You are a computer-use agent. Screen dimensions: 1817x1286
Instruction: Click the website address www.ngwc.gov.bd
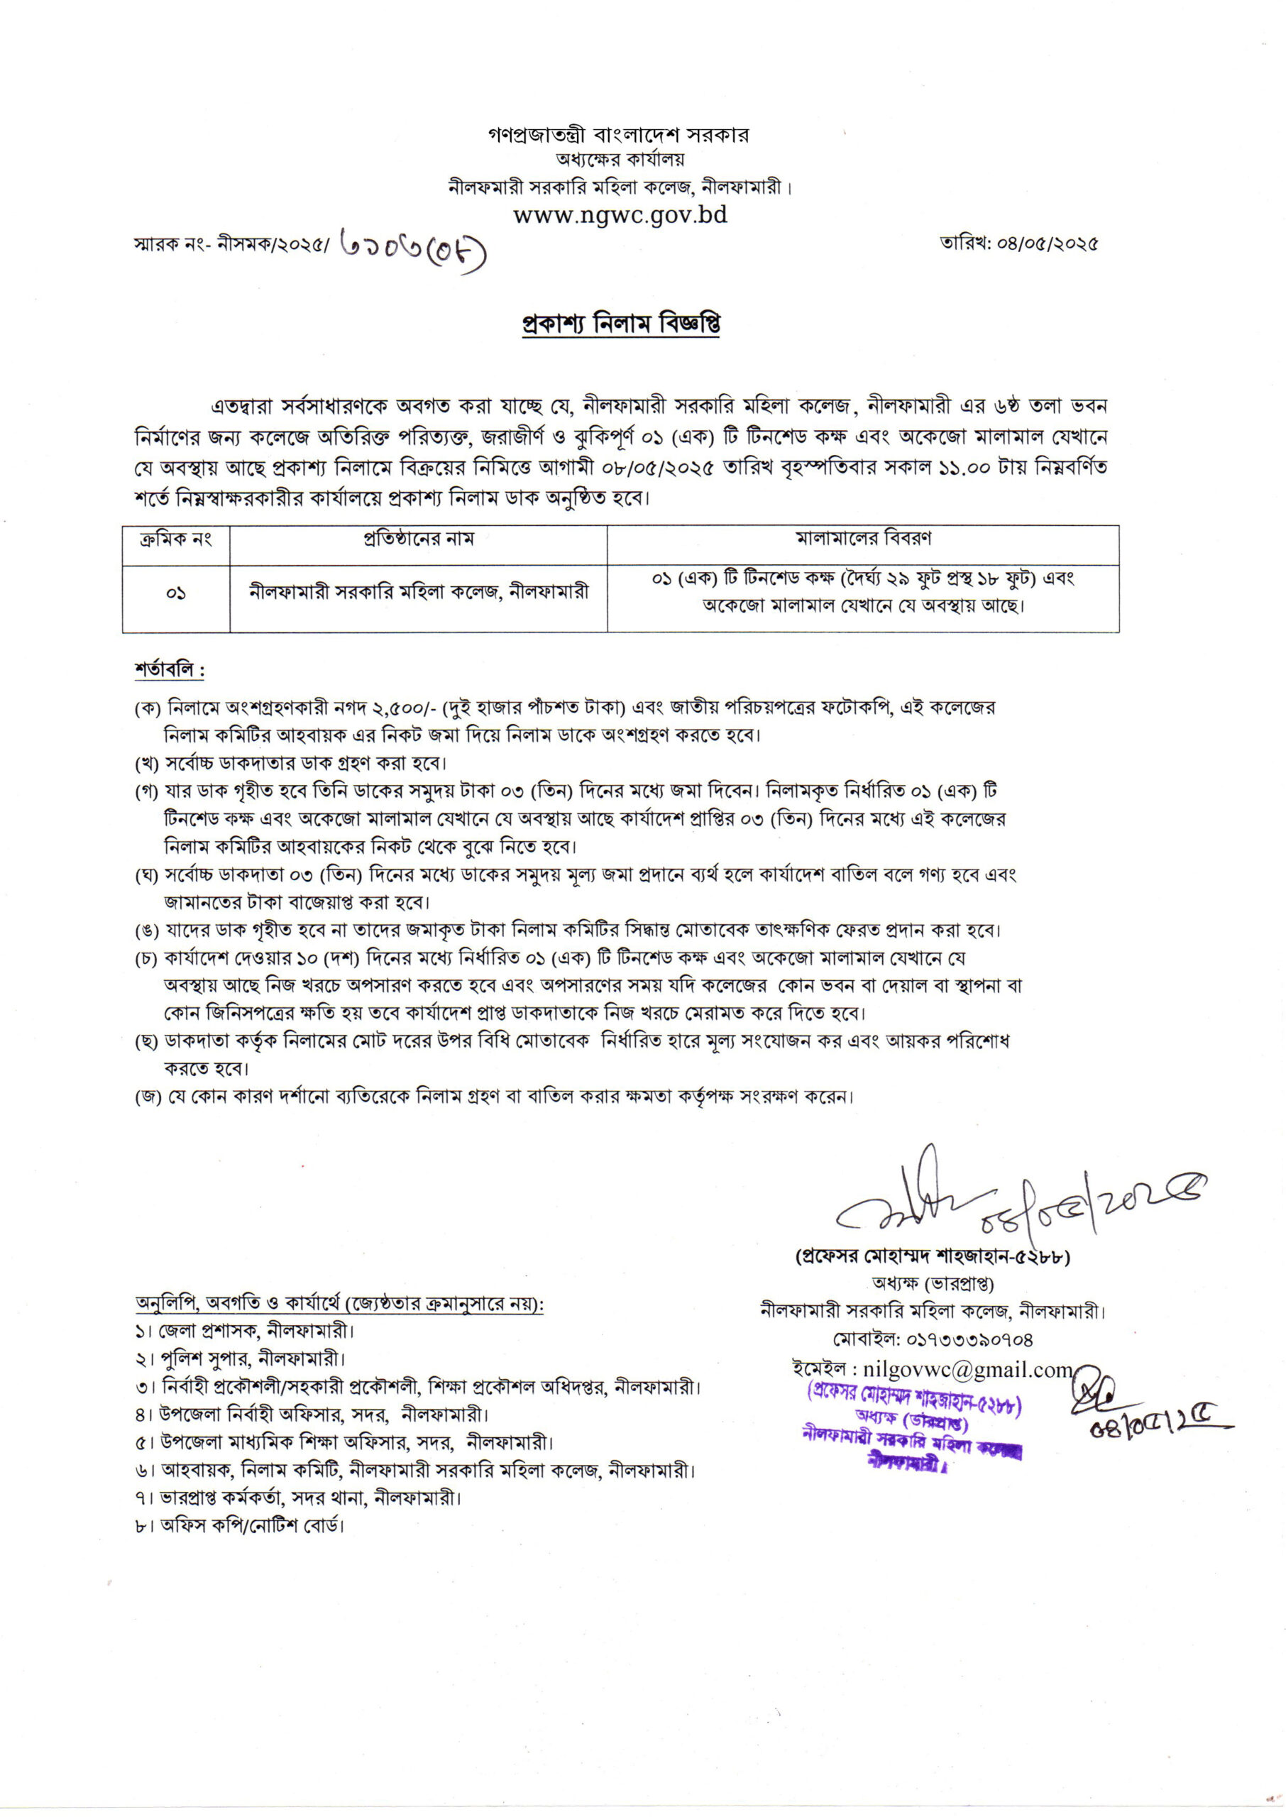[x=620, y=214]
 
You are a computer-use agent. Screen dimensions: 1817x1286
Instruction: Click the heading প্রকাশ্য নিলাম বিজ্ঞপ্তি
[x=621, y=324]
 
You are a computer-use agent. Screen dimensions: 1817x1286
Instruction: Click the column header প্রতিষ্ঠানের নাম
[x=418, y=540]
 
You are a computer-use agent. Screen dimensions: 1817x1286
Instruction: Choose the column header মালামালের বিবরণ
[x=862, y=540]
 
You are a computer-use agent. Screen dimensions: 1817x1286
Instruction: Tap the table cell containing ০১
[x=176, y=593]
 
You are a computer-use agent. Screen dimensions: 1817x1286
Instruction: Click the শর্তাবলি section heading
[x=169, y=671]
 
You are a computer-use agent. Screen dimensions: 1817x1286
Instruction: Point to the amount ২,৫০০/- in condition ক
[x=403, y=708]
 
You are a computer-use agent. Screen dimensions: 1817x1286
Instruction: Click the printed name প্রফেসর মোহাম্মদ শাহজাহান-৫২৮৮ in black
[x=932, y=1256]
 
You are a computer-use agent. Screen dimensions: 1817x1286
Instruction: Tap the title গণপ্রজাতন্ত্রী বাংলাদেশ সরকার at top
[x=618, y=136]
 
